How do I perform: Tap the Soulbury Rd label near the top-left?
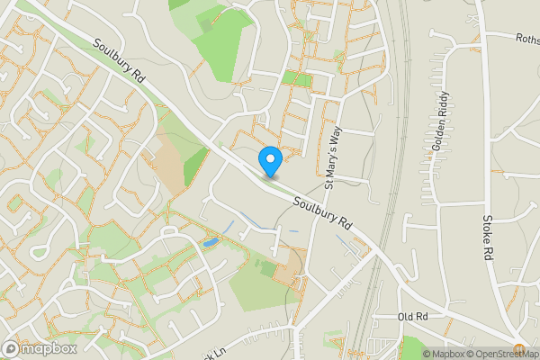118,60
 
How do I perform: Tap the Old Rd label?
412,318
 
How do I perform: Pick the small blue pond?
210,242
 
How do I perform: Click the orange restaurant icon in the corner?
519,347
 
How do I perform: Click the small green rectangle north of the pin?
296,79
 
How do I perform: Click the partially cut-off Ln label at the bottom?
212,353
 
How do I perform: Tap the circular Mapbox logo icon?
12,348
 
